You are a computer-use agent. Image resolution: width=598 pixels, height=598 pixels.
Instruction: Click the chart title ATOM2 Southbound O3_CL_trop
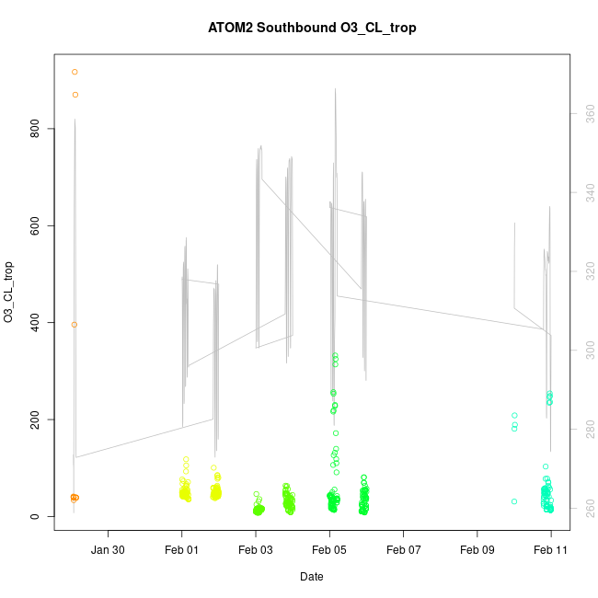tap(312, 28)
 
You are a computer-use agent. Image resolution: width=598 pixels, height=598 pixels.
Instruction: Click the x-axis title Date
tap(311, 577)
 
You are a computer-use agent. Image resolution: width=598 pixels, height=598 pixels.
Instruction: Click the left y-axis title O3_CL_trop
tap(9, 293)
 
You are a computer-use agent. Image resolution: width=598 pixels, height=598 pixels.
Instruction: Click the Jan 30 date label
tap(109, 549)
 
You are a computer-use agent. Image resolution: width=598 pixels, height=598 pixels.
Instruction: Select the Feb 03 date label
tap(256, 549)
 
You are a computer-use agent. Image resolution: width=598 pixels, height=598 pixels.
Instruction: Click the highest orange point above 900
tap(75, 72)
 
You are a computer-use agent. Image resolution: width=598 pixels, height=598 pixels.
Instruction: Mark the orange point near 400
tap(74, 324)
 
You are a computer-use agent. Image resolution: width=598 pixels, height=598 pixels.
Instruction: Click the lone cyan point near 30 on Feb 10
tap(514, 501)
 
